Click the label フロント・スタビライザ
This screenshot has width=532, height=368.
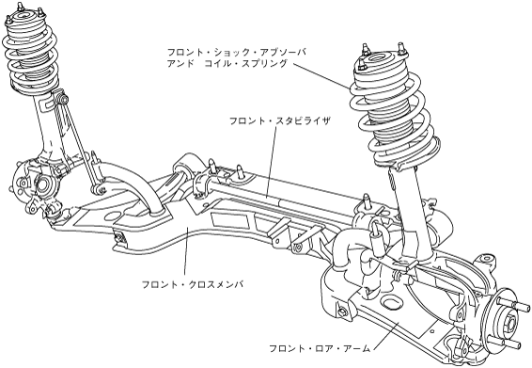[x=279, y=121]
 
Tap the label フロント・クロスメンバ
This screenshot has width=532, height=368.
[x=193, y=284]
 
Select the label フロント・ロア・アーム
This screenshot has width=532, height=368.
[x=320, y=348]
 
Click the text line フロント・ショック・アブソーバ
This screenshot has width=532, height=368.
[x=237, y=52]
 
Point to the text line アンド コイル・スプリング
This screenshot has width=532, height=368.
[x=227, y=63]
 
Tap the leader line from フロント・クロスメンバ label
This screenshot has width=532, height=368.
[x=186, y=253]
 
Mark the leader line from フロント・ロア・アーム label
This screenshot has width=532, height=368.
[x=386, y=333]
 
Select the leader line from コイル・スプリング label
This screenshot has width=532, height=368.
[x=321, y=76]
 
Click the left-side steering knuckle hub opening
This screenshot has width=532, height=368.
[x=41, y=184]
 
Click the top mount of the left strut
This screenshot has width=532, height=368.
[x=24, y=16]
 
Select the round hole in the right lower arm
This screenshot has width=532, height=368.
[x=391, y=301]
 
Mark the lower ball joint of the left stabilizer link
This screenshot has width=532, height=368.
[x=98, y=189]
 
